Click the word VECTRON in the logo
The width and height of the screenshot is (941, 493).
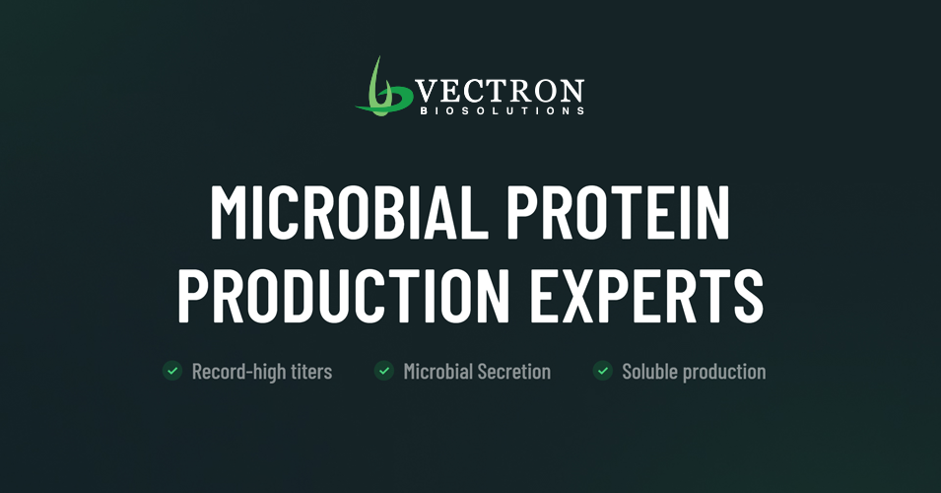(499, 92)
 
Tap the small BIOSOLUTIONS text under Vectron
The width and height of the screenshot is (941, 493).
(499, 111)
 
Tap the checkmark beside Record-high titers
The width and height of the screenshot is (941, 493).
(172, 371)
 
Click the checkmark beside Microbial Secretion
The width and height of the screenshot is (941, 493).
(384, 371)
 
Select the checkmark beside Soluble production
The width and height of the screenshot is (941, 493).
(603, 371)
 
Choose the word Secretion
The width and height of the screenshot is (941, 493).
(513, 372)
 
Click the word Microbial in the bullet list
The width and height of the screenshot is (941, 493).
(437, 372)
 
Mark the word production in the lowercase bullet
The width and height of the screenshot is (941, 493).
(723, 373)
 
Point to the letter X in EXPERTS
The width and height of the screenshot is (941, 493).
(585, 292)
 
